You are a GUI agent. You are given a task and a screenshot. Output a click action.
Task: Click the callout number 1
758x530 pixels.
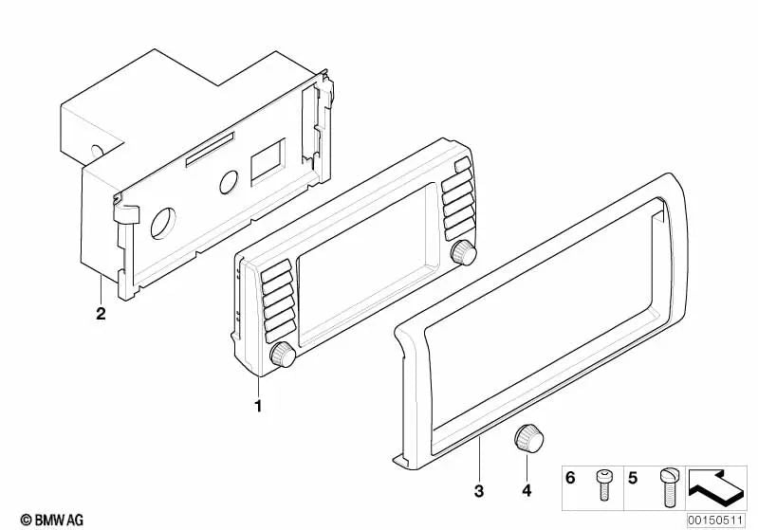coord(258,406)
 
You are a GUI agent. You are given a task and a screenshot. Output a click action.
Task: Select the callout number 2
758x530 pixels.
coord(101,314)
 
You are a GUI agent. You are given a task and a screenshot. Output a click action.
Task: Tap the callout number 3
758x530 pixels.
coord(478,491)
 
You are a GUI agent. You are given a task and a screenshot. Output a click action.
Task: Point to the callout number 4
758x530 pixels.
coord(527,491)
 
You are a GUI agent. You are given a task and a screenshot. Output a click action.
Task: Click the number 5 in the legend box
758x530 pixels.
coord(633,478)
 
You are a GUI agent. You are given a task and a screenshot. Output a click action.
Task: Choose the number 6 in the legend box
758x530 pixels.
coord(570,478)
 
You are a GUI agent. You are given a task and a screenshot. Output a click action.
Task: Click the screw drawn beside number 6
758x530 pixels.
coord(601,484)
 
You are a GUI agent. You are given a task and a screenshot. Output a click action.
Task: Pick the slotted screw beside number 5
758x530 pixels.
coord(669,487)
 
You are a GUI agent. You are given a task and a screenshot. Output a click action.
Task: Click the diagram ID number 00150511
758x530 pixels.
coord(715,521)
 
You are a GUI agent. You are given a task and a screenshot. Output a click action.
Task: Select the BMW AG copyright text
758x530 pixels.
coord(52,520)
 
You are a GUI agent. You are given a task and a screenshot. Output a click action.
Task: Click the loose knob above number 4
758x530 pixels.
coord(527,438)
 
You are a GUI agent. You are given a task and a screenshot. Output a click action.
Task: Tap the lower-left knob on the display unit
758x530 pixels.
coord(283,355)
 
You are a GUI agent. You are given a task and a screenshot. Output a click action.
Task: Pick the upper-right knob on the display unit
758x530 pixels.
coord(464,251)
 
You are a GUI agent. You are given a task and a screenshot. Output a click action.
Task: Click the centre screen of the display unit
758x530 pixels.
coord(363,265)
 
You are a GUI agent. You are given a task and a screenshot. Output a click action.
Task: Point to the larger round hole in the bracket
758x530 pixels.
coord(163,223)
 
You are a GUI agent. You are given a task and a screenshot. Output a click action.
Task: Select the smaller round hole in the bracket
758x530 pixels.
coord(229,182)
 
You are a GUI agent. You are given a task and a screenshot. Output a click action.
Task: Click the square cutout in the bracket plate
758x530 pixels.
coord(268,162)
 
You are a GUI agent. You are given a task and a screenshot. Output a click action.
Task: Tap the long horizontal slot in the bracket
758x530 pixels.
coord(211,149)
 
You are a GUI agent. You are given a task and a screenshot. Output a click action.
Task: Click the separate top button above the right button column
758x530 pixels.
coord(462,165)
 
